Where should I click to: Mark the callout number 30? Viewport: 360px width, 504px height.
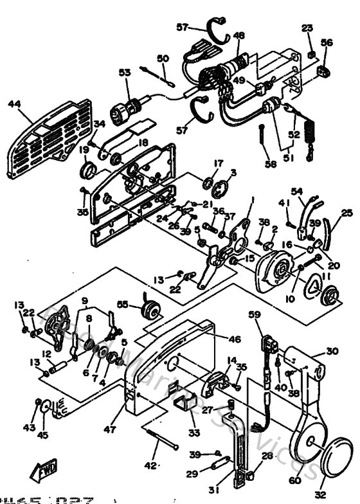click(332, 351)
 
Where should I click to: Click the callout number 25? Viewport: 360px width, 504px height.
click(346, 213)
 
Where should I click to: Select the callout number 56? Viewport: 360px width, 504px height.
click(326, 42)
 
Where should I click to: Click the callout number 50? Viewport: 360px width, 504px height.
click(163, 59)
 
